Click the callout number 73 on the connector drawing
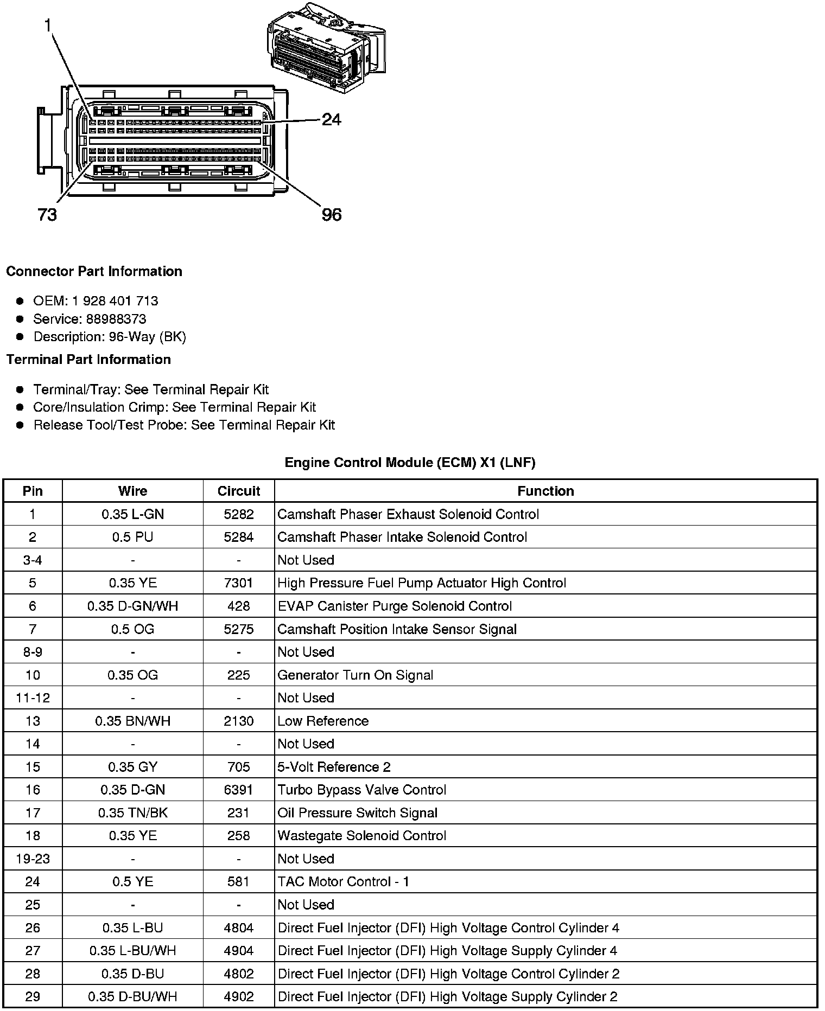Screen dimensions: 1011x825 tap(47, 215)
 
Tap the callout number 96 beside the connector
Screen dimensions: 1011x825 tap(332, 215)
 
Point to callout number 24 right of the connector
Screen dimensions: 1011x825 tap(332, 119)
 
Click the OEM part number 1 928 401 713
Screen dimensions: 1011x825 tap(115, 301)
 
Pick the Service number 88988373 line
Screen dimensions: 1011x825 tap(90, 319)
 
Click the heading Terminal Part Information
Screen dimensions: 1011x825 tap(88, 360)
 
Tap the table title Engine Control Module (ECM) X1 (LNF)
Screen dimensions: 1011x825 tap(410, 463)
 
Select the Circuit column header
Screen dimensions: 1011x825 tap(239, 491)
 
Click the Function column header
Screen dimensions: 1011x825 tap(545, 491)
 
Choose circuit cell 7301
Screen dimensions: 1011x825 tap(239, 583)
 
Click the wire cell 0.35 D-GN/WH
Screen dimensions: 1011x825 tap(133, 606)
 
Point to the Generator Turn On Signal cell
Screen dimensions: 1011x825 tap(356, 675)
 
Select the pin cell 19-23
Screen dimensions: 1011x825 tap(33, 859)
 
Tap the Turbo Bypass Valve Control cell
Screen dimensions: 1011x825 tap(362, 790)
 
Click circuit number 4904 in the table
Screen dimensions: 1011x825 tap(239, 951)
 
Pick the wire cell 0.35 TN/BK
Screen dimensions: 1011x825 tap(133, 813)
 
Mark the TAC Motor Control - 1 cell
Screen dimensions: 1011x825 tap(344, 882)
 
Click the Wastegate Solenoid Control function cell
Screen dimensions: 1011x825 tap(362, 836)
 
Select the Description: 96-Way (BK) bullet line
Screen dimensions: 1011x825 tap(110, 337)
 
